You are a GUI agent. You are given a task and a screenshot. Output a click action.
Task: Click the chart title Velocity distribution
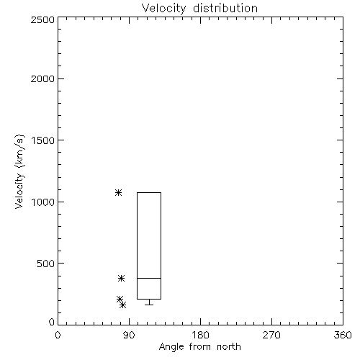199,9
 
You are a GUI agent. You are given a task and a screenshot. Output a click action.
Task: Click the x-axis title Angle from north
199,347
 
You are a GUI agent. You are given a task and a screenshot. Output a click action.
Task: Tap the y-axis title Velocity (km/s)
19,171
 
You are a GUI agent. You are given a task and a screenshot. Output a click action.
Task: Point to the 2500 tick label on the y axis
42,19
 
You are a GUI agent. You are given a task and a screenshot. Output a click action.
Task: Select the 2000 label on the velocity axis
42,78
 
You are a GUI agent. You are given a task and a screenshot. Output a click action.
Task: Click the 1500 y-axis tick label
43,140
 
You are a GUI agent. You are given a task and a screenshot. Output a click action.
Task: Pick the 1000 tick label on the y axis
43,202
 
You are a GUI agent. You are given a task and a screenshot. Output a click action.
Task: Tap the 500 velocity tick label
46,264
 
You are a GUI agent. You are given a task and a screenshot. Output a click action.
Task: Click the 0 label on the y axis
52,322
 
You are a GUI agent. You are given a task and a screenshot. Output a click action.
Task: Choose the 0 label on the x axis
58,335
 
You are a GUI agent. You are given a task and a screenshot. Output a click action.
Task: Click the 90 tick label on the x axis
129,335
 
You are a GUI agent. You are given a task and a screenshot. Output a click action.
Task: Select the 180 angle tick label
200,335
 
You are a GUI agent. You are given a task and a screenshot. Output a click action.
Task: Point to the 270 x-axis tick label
271,335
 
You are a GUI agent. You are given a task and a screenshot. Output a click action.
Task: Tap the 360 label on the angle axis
343,335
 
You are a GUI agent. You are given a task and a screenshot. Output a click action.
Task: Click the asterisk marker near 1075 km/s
118,192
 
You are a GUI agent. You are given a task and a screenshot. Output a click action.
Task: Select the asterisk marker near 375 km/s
121,278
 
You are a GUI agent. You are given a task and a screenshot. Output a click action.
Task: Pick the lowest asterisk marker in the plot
123,305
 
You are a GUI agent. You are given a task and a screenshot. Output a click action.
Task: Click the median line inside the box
149,278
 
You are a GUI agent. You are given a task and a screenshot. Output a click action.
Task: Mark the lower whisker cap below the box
149,305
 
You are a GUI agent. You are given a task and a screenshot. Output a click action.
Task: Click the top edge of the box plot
149,192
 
